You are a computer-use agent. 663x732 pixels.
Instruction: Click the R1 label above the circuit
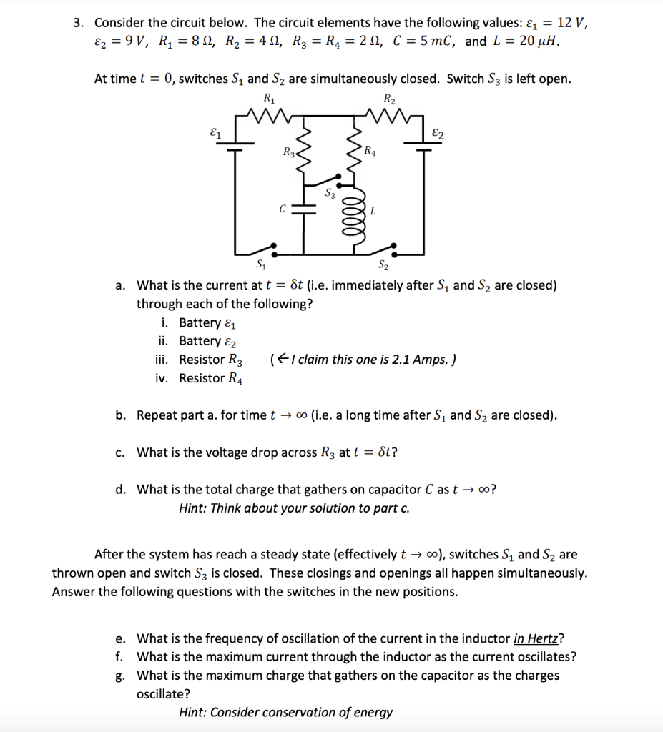click(x=268, y=98)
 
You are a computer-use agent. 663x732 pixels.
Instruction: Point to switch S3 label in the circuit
click(x=330, y=192)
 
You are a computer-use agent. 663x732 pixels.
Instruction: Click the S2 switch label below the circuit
click(x=383, y=267)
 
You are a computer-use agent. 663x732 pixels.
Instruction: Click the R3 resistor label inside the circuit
click(x=288, y=152)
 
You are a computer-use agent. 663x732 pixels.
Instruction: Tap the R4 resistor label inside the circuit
click(x=369, y=150)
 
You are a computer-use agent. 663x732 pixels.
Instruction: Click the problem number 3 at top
click(x=79, y=22)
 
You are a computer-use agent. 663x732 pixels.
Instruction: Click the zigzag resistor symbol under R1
click(x=268, y=114)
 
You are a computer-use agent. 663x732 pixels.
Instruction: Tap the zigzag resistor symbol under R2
click(x=388, y=114)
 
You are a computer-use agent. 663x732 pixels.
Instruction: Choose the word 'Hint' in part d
click(x=194, y=508)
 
